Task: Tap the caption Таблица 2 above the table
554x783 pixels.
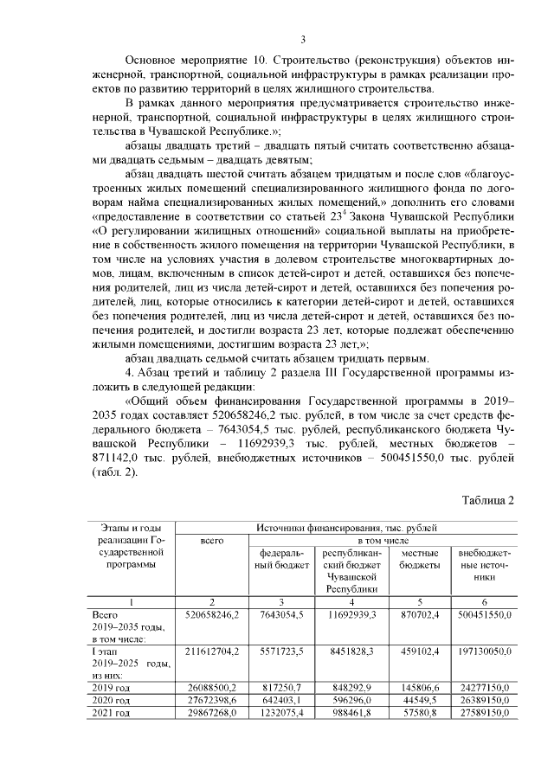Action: click(488, 501)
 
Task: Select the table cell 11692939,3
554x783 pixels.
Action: click(350, 614)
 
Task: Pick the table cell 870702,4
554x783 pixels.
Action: click(419, 614)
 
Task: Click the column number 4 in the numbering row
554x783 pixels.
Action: click(350, 600)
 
